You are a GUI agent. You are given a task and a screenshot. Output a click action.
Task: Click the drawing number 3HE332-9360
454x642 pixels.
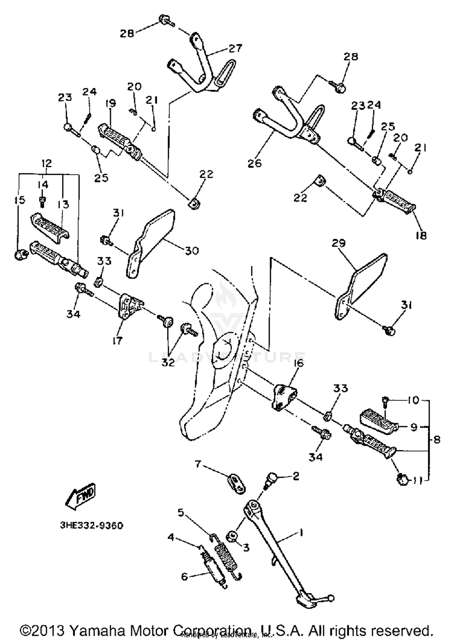(x=91, y=525)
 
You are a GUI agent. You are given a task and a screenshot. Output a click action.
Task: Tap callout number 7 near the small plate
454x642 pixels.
(x=198, y=463)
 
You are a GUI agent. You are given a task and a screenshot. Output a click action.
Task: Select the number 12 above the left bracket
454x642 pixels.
(x=47, y=163)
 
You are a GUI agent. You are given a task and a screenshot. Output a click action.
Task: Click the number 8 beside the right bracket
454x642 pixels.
(x=436, y=439)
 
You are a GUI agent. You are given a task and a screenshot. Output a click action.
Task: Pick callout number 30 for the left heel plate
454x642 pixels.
(x=192, y=251)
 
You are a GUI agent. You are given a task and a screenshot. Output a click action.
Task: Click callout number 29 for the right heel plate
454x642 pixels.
(x=339, y=243)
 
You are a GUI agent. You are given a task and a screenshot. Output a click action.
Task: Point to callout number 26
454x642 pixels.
(x=255, y=163)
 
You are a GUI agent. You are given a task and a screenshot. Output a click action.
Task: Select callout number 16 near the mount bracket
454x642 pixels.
(x=298, y=363)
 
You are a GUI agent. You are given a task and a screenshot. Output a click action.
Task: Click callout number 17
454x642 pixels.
(x=117, y=340)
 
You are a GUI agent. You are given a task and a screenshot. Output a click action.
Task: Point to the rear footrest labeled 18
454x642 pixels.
(x=396, y=201)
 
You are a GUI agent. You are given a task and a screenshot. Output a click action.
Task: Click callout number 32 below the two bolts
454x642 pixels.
(x=168, y=362)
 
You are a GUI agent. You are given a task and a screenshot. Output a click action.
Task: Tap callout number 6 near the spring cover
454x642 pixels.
(x=184, y=576)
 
